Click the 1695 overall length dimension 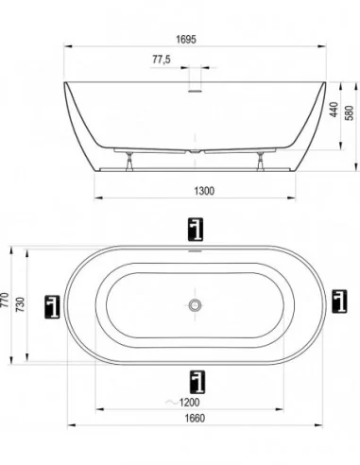tap(186, 40)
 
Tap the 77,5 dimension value tap(162, 60)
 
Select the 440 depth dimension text tap(334, 109)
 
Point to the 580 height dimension tap(350, 112)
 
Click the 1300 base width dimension tap(204, 191)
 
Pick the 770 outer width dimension tap(6, 301)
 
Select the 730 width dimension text tap(20, 304)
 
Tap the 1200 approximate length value tap(189, 403)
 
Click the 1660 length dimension tap(195, 418)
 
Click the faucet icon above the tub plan tap(196, 230)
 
